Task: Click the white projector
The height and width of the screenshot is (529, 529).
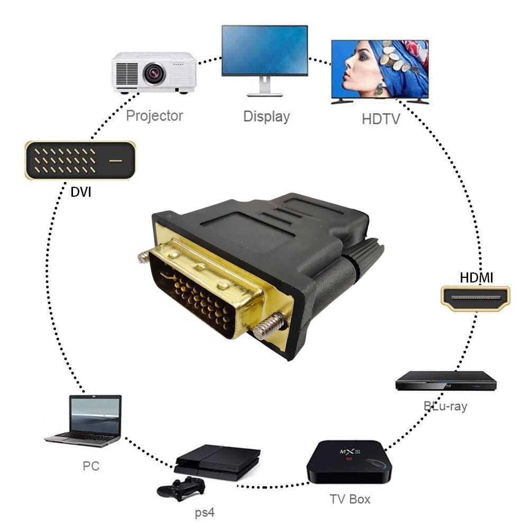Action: pyautogui.click(x=154, y=72)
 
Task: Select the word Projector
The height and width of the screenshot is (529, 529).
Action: pyautogui.click(x=154, y=115)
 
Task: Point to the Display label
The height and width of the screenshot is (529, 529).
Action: pyautogui.click(x=267, y=116)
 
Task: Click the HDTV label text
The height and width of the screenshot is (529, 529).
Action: pyautogui.click(x=381, y=118)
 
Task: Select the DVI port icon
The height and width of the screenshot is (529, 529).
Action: pyautogui.click(x=80, y=160)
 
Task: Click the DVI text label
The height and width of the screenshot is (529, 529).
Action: pyautogui.click(x=81, y=192)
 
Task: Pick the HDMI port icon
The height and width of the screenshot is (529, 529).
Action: pyautogui.click(x=476, y=298)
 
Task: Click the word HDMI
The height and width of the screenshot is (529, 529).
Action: pyautogui.click(x=476, y=277)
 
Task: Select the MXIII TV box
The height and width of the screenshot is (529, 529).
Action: pyautogui.click(x=349, y=461)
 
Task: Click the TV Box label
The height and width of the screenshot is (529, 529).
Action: pyautogui.click(x=350, y=499)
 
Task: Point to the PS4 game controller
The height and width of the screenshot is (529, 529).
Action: pyautogui.click(x=181, y=488)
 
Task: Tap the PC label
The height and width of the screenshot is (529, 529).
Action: pyautogui.click(x=90, y=466)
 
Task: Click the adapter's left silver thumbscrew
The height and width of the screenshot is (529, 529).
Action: pyautogui.click(x=144, y=257)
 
